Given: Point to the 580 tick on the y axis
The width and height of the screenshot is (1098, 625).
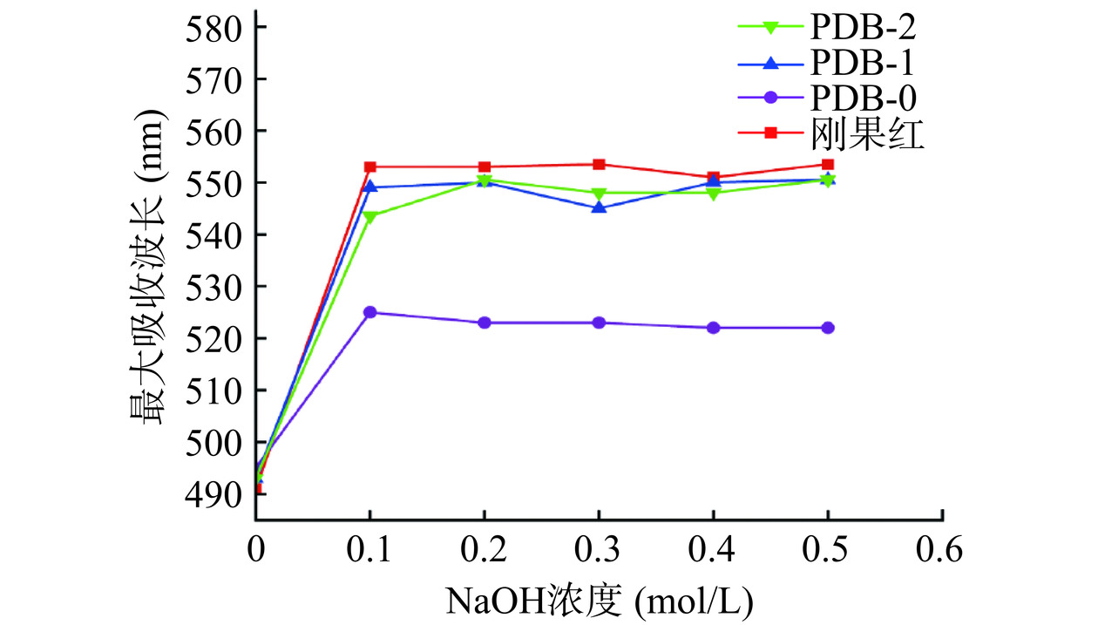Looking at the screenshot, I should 213,27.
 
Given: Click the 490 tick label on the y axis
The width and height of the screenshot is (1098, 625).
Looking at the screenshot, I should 213,494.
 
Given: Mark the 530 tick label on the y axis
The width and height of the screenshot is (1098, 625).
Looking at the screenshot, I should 213,287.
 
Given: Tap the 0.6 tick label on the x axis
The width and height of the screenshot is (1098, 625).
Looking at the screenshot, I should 943,551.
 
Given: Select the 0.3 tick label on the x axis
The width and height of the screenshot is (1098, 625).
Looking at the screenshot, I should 599,551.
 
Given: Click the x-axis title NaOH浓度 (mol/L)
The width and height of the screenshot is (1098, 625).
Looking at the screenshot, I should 599,600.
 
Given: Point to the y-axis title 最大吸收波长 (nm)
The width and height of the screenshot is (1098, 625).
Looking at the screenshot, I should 147,266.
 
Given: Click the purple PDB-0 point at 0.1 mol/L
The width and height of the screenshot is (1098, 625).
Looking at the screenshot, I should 370,312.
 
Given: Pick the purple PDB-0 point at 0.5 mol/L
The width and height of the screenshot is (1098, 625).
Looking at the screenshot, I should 828,328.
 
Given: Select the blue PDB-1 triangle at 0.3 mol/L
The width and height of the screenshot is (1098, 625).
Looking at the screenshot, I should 599,207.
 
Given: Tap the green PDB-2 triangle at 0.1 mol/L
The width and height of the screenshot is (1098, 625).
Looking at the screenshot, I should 370,216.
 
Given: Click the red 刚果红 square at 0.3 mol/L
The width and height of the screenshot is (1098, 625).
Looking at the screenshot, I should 599,164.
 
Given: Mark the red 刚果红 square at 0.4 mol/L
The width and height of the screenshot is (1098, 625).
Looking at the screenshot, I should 714,177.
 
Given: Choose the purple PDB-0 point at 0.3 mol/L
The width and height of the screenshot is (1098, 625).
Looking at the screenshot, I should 599,323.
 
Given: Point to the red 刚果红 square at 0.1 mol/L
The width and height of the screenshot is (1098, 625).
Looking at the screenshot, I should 370,166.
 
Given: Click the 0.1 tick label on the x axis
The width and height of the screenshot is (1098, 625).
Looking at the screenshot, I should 370,551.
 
